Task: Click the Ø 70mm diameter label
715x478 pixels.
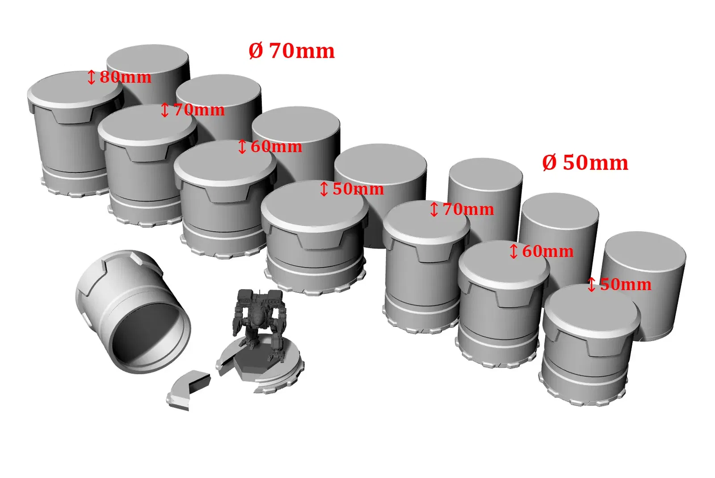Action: click(x=291, y=51)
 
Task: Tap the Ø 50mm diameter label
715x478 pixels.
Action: click(x=585, y=163)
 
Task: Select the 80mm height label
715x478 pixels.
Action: click(x=119, y=77)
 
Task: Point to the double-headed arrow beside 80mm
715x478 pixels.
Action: click(x=91, y=77)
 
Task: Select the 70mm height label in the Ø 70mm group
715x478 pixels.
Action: click(x=193, y=110)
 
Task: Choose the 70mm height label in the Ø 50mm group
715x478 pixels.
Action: click(x=462, y=209)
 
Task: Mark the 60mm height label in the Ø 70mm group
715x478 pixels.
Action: click(x=270, y=147)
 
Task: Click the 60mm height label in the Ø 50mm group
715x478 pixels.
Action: click(x=542, y=252)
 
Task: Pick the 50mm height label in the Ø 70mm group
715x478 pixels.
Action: click(x=352, y=189)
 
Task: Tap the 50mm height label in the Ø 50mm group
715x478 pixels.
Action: click(x=619, y=284)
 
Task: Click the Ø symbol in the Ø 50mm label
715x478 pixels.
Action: click(x=549, y=163)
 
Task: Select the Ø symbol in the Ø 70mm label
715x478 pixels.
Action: click(x=255, y=51)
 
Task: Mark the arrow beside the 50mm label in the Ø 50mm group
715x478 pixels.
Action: click(x=592, y=284)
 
